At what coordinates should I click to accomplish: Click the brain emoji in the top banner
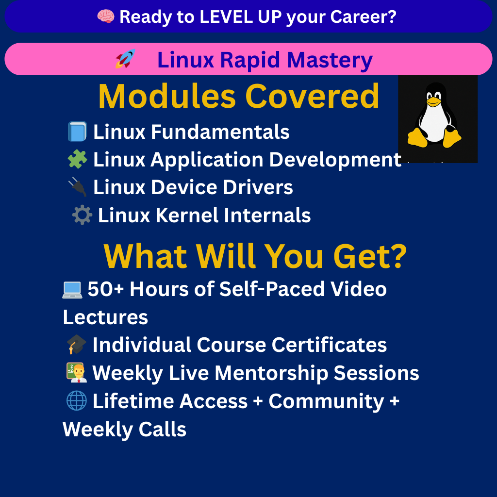pyautogui.click(x=105, y=16)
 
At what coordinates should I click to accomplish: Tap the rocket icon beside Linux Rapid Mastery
pyautogui.click(x=126, y=59)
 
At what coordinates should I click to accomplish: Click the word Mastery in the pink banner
pyautogui.click(x=330, y=60)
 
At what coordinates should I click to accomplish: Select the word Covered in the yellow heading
pyautogui.click(x=312, y=97)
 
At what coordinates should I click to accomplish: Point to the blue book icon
pyautogui.click(x=77, y=132)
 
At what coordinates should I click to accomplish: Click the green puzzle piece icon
pyautogui.click(x=77, y=159)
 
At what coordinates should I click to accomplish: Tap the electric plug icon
pyautogui.click(x=77, y=187)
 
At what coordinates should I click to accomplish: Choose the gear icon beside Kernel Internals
pyautogui.click(x=82, y=215)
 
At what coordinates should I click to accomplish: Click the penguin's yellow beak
pyautogui.click(x=433, y=101)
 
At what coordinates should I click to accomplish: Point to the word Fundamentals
pyautogui.click(x=220, y=132)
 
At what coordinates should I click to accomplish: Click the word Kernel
pyautogui.click(x=187, y=215)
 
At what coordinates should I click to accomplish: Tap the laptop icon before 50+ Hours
pyautogui.click(x=72, y=290)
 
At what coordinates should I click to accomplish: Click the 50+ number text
pyautogui.click(x=105, y=289)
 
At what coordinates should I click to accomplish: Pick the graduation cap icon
pyautogui.click(x=77, y=345)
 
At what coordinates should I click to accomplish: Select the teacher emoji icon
pyautogui.click(x=77, y=372)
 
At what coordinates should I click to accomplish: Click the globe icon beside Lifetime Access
pyautogui.click(x=77, y=400)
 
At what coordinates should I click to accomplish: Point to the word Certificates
pyautogui.click(x=329, y=345)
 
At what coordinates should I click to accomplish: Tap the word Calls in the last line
pyautogui.click(x=162, y=429)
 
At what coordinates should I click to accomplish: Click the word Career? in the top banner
pyautogui.click(x=363, y=17)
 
